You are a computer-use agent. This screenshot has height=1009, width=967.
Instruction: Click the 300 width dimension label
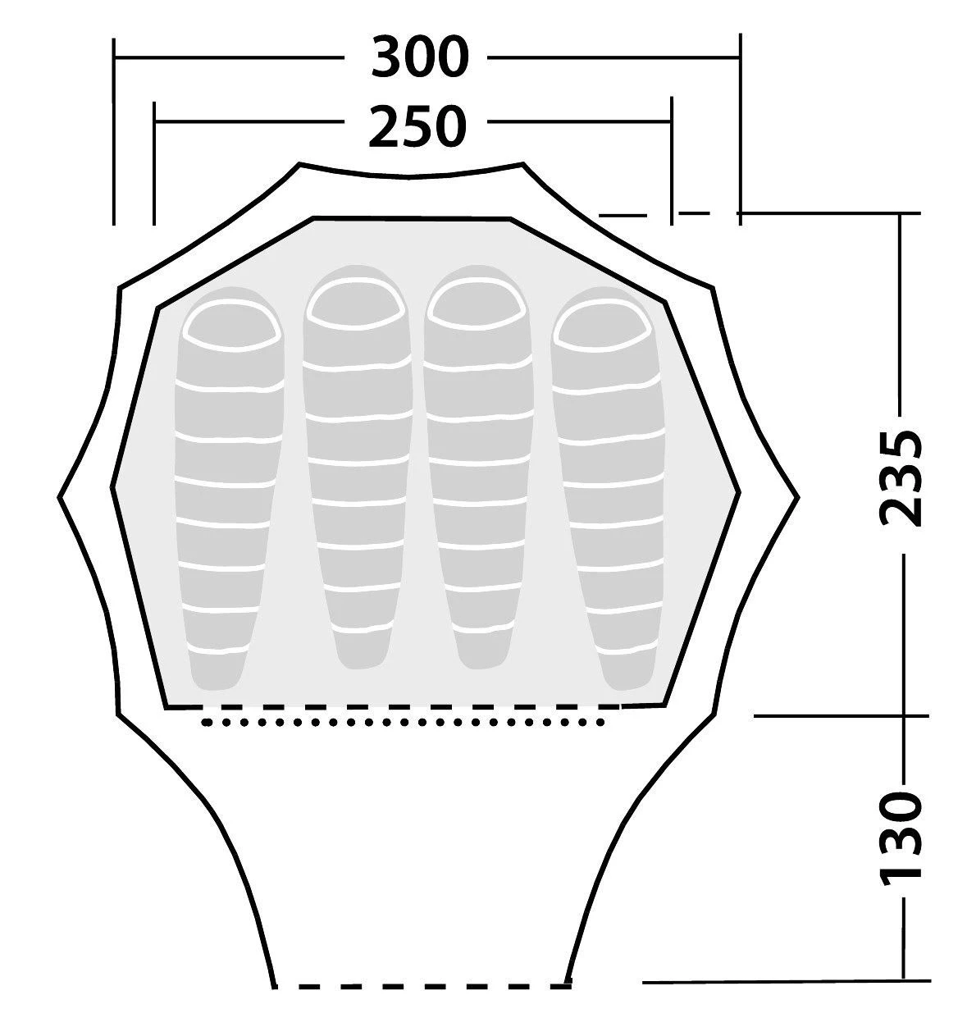click(419, 57)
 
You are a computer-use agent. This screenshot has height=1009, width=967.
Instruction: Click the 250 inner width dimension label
click(417, 126)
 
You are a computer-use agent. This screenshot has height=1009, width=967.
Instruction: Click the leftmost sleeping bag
click(228, 488)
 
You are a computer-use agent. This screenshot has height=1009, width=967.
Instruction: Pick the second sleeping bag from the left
click(358, 467)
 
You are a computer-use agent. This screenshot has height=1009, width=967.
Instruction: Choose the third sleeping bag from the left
click(478, 467)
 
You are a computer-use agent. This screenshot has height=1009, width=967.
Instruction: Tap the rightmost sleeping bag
click(608, 488)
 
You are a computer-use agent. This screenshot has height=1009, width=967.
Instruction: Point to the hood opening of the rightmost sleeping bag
click(602, 326)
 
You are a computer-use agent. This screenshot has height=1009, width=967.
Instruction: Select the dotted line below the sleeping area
click(403, 722)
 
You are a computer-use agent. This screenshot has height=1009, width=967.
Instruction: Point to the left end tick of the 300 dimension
click(113, 131)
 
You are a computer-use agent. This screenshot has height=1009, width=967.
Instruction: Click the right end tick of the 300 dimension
click(740, 129)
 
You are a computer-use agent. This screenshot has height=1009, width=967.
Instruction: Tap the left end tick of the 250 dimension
click(154, 163)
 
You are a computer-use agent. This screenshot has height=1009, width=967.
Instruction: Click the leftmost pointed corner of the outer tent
click(58, 497)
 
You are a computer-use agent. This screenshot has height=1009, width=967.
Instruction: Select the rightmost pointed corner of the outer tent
click(798, 497)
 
